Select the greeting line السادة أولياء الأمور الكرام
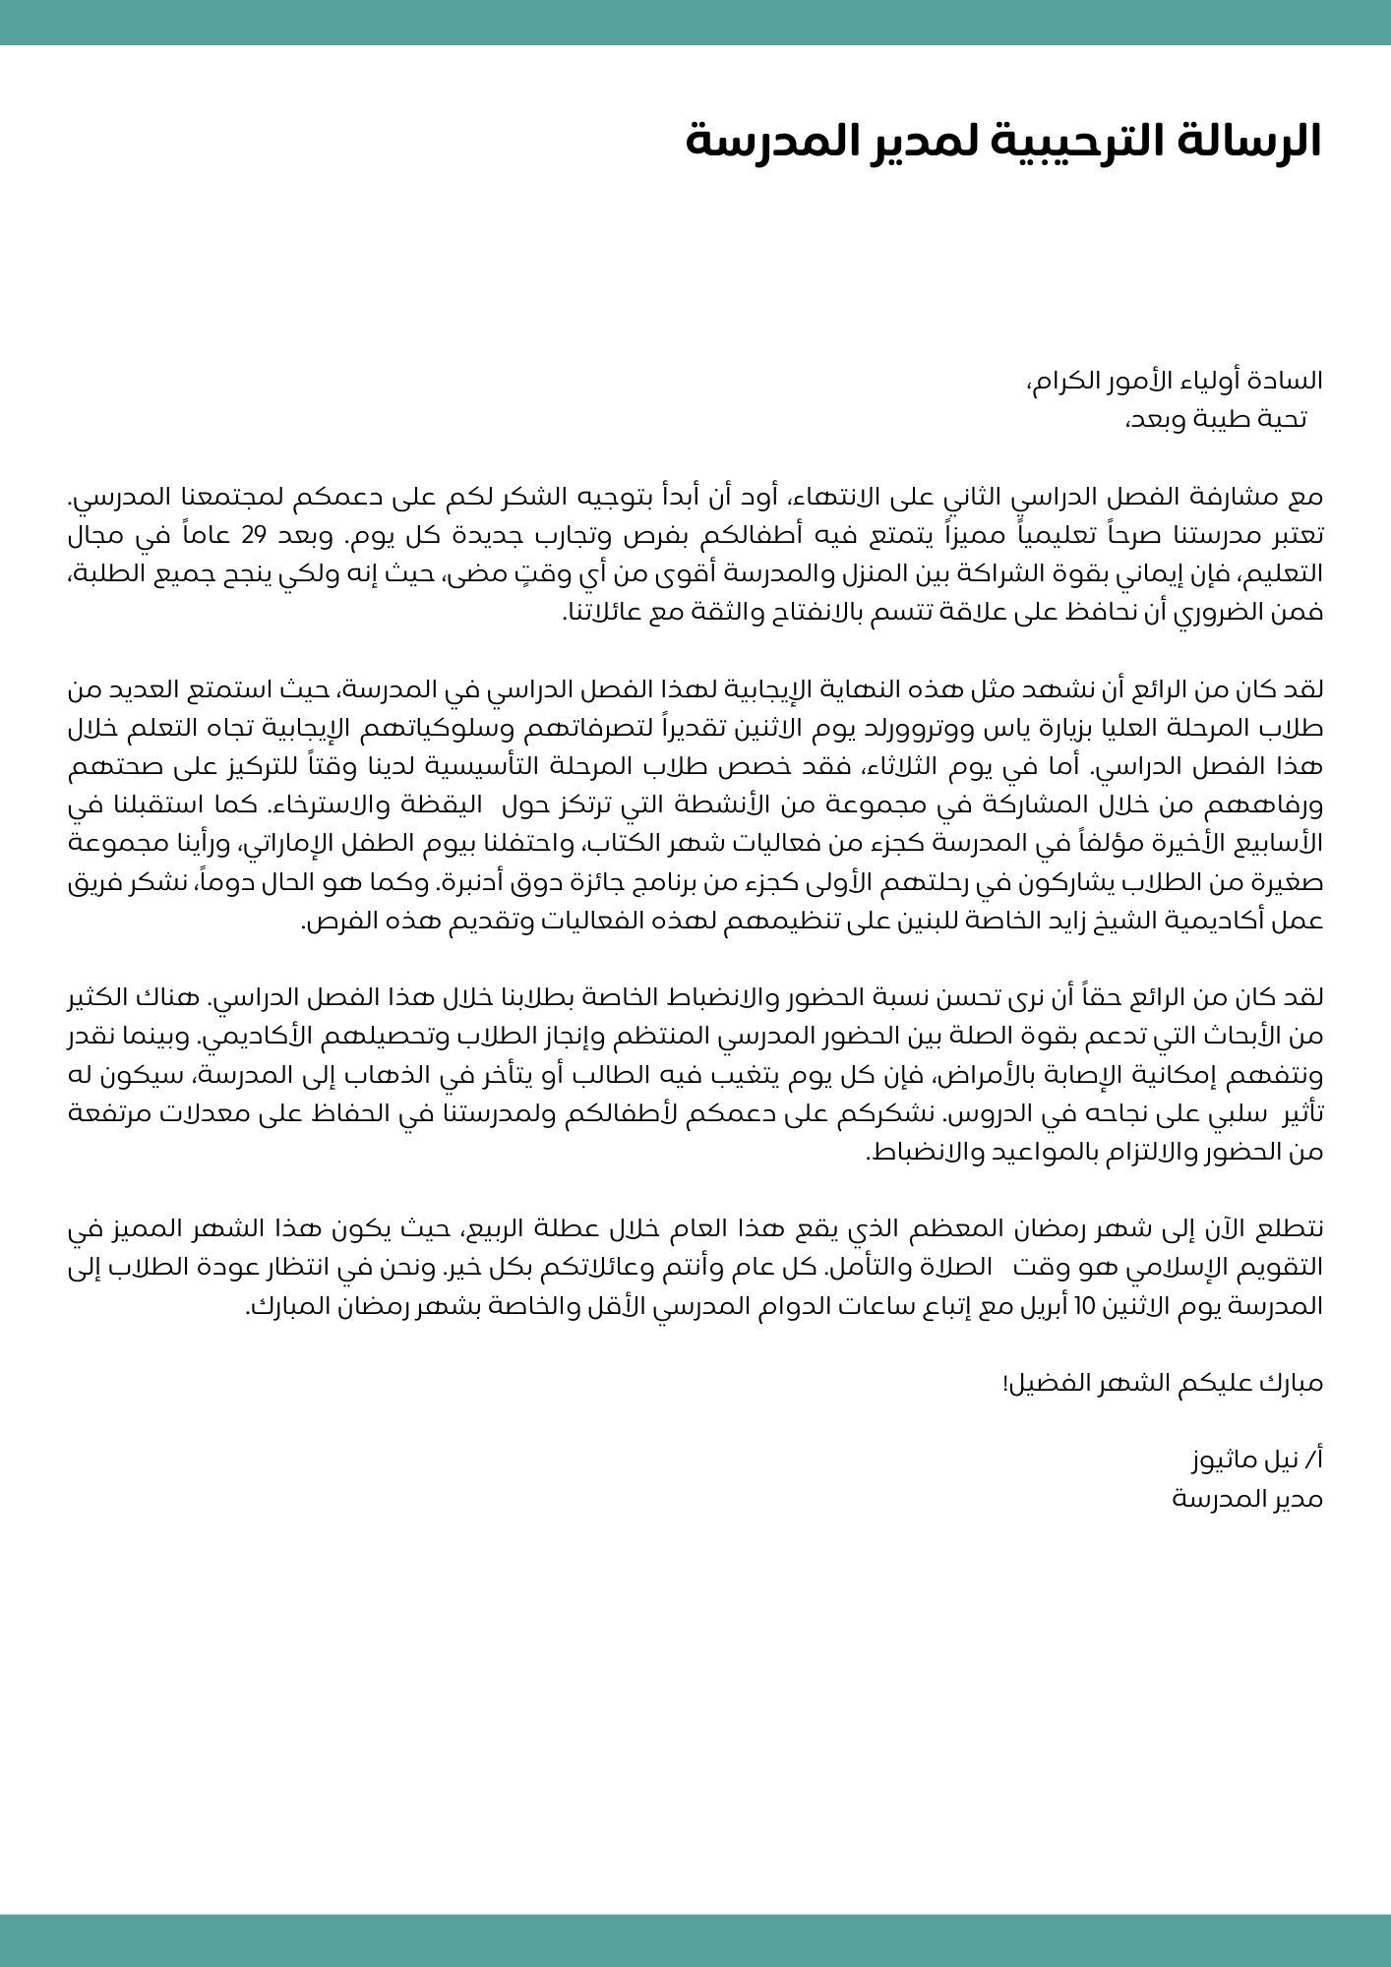coord(1175,381)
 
